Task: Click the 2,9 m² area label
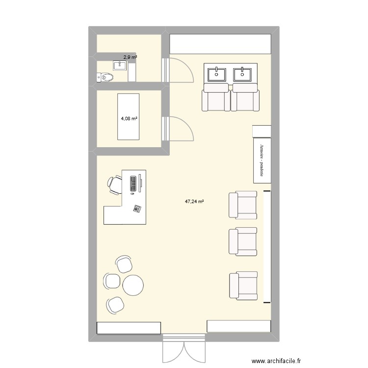pyautogui.click(x=130, y=57)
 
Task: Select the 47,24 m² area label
pyautogui.click(x=194, y=201)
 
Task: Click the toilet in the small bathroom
pyautogui.click(x=105, y=77)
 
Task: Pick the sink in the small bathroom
pyautogui.click(x=120, y=65)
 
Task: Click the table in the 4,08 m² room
pyautogui.click(x=128, y=116)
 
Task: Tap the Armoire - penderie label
pyautogui.click(x=263, y=160)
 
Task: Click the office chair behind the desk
pyautogui.click(x=114, y=184)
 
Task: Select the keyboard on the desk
pyautogui.click(x=132, y=183)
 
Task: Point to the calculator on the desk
pyautogui.click(x=136, y=209)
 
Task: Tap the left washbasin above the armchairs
pyautogui.click(x=216, y=74)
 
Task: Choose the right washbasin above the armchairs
pyautogui.click(x=243, y=74)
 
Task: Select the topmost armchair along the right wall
pyautogui.click(x=242, y=205)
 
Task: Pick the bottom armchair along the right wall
pyautogui.click(x=242, y=286)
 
